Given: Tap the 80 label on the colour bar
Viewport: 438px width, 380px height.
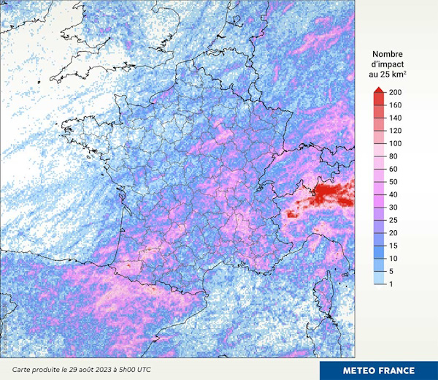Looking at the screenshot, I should pos(394,156).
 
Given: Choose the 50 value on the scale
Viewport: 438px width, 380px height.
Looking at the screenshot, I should pos(394,182).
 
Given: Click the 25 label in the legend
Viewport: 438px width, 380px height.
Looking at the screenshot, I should pos(394,220).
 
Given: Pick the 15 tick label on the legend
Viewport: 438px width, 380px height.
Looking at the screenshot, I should pos(394,246).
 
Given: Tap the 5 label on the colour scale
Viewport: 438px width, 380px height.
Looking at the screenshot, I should pos(392,271).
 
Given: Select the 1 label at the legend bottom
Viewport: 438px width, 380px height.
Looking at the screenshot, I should pos(392,284).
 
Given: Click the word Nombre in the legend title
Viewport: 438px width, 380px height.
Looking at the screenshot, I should pos(388,54).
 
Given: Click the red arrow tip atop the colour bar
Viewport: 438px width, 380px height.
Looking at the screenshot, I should pos(379,90).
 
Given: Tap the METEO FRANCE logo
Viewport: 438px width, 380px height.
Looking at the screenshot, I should pos(379,370).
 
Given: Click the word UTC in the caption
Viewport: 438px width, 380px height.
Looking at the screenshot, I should pos(143,370).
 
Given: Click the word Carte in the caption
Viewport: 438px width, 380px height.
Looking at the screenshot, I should pos(23,370).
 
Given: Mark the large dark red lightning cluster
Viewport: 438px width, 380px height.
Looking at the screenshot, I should pos(332,193).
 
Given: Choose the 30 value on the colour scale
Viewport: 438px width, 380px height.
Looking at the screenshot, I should pos(394,208).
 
